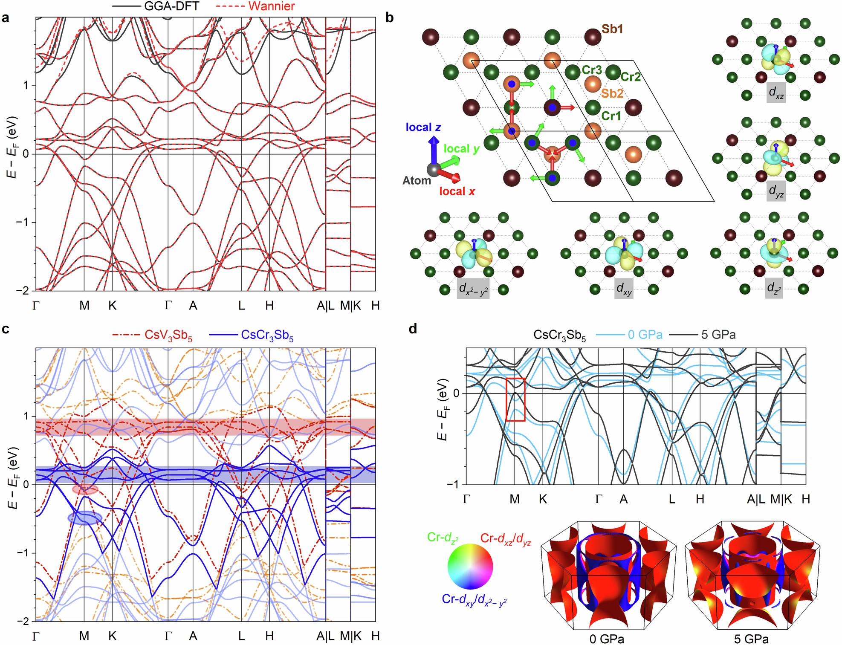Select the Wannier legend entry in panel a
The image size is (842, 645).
click(271, 6)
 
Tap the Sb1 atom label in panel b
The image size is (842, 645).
click(612, 29)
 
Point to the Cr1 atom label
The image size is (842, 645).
click(611, 116)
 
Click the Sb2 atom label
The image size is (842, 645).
click(612, 93)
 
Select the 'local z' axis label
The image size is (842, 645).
click(423, 127)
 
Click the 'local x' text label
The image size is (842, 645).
click(457, 191)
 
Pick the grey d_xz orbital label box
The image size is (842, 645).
click(776, 93)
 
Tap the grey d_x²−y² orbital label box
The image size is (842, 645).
click(473, 289)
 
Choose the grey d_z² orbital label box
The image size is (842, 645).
click(774, 288)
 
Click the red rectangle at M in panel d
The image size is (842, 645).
click(515, 399)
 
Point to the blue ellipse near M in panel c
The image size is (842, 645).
click(85, 518)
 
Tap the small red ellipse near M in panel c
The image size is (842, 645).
click(85, 489)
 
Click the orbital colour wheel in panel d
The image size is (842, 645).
click(470, 567)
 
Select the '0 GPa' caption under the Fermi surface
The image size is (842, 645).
click(606, 639)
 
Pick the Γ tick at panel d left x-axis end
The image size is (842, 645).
click(466, 499)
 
